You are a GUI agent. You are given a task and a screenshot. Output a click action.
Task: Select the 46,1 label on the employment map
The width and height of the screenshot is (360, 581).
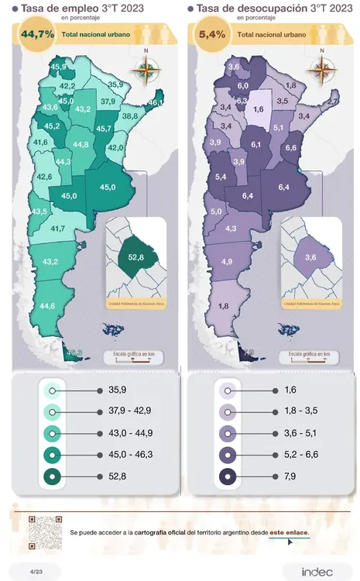pyautogui.click(x=156, y=102)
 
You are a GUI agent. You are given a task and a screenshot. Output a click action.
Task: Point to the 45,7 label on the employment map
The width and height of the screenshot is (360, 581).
pyautogui.click(x=105, y=128)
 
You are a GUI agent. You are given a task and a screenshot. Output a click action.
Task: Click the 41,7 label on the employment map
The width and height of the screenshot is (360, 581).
pyautogui.click(x=58, y=229)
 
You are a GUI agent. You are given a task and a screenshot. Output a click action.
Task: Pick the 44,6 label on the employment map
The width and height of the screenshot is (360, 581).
pyautogui.click(x=47, y=306)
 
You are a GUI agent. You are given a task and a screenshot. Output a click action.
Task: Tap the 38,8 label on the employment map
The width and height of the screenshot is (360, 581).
pyautogui.click(x=130, y=115)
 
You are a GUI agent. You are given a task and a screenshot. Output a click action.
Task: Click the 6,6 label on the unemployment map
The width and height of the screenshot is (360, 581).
pyautogui.click(x=292, y=147)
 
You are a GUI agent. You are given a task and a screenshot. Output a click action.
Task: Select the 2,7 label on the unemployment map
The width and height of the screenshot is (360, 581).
pyautogui.click(x=333, y=101)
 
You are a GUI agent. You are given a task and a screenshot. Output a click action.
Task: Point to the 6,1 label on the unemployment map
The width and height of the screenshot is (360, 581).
pyautogui.click(x=256, y=145)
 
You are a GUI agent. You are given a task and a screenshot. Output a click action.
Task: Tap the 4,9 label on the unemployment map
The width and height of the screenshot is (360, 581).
pyautogui.click(x=227, y=262)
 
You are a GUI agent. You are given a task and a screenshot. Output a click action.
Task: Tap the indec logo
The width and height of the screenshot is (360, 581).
pyautogui.click(x=317, y=571)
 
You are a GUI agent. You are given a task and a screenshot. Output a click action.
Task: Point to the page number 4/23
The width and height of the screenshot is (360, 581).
pyautogui.click(x=35, y=571)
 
